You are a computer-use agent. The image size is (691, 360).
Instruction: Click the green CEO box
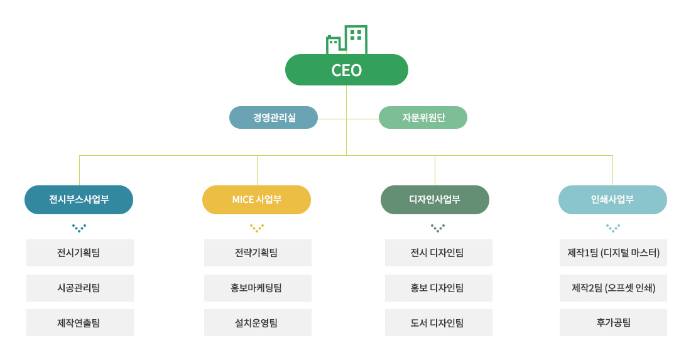click(346, 70)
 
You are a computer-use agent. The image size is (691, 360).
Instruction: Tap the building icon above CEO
click(347, 40)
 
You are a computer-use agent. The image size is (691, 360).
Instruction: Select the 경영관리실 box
click(273, 117)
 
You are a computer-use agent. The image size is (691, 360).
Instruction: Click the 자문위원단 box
click(423, 117)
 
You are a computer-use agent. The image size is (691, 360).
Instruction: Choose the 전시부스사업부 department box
click(79, 200)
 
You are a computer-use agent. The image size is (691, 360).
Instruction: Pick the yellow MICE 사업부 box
click(256, 200)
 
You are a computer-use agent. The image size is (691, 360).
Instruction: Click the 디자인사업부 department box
click(435, 200)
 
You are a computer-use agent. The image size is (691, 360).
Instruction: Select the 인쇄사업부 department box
click(612, 200)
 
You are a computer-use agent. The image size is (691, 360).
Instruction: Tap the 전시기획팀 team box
click(80, 253)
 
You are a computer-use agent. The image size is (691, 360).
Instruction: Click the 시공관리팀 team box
click(80, 288)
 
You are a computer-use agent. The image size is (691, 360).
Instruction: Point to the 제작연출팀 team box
click(80, 323)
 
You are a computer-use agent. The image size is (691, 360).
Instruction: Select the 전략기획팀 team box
click(258, 253)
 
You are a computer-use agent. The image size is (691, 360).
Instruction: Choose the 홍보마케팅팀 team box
click(258, 288)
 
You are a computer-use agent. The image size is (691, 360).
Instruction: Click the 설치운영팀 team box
click(258, 323)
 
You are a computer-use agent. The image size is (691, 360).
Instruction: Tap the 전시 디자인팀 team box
click(438, 253)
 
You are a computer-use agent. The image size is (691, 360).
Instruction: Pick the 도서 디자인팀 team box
click(438, 323)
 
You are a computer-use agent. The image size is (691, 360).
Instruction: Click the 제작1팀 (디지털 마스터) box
click(613, 253)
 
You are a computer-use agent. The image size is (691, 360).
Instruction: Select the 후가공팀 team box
click(613, 323)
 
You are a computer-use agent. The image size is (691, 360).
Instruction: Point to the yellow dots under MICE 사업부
click(256, 227)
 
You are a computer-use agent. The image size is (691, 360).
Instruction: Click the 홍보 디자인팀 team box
click(438, 288)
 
